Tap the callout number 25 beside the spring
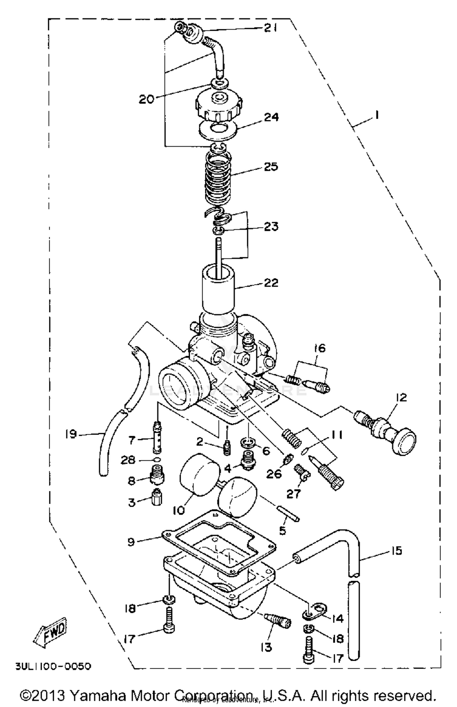click(x=271, y=167)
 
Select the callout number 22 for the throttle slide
click(x=271, y=283)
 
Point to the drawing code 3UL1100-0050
click(x=53, y=667)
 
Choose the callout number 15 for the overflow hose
click(x=396, y=551)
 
